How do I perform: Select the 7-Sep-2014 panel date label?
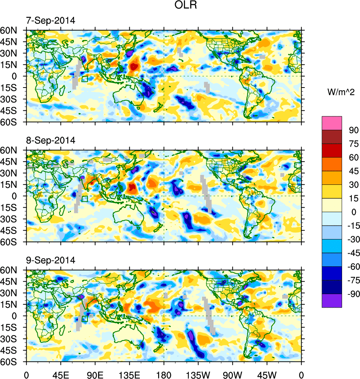click(50, 21)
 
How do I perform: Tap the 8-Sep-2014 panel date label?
click(50, 140)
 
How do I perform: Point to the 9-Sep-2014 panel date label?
click(50, 260)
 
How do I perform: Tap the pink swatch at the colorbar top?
click(332, 123)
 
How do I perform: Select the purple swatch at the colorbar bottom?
click(332, 301)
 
